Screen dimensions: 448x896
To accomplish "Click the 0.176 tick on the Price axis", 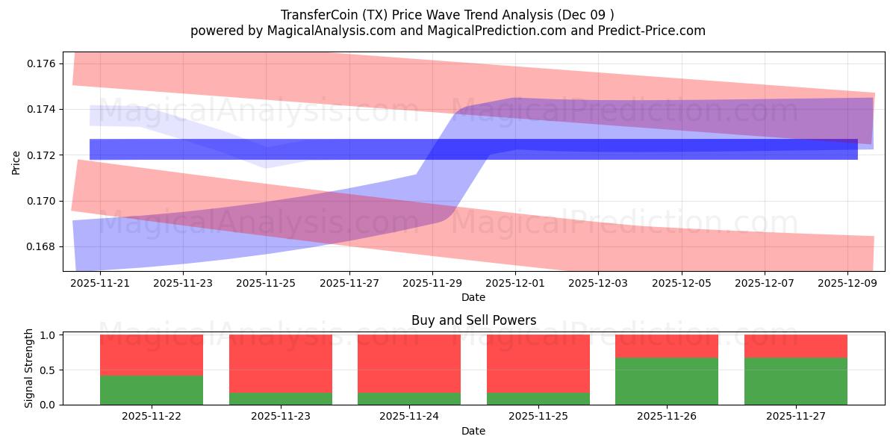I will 42,63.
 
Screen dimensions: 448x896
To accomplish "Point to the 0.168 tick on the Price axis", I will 42,246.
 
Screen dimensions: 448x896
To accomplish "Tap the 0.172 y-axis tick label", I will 42,155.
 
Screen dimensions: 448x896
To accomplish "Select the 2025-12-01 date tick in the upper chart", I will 516,284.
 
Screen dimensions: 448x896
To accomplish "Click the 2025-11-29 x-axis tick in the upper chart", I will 433,284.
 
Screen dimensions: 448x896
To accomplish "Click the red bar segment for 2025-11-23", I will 281,363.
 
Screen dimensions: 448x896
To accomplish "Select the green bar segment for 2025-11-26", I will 667,381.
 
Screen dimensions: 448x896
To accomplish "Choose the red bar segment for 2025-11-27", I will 796,346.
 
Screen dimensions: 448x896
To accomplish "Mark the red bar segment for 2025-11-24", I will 409,363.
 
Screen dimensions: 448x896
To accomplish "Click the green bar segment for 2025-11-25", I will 538,399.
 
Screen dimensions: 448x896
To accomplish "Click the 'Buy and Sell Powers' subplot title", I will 473,320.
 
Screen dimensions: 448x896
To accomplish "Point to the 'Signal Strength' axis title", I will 30,368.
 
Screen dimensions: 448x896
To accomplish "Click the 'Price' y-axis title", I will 16,161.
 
